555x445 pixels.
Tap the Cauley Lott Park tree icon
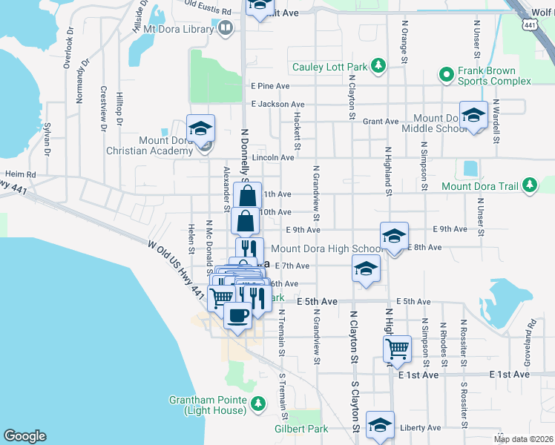point(378,67)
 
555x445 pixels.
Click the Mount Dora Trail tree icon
point(529,185)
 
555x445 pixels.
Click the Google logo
point(25,436)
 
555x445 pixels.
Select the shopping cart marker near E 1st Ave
point(398,348)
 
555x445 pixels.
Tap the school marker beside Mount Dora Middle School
point(473,115)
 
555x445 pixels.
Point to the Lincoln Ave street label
point(274,157)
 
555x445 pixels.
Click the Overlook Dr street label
point(69,48)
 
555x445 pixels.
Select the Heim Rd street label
point(20,174)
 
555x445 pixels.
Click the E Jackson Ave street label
point(277,105)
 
